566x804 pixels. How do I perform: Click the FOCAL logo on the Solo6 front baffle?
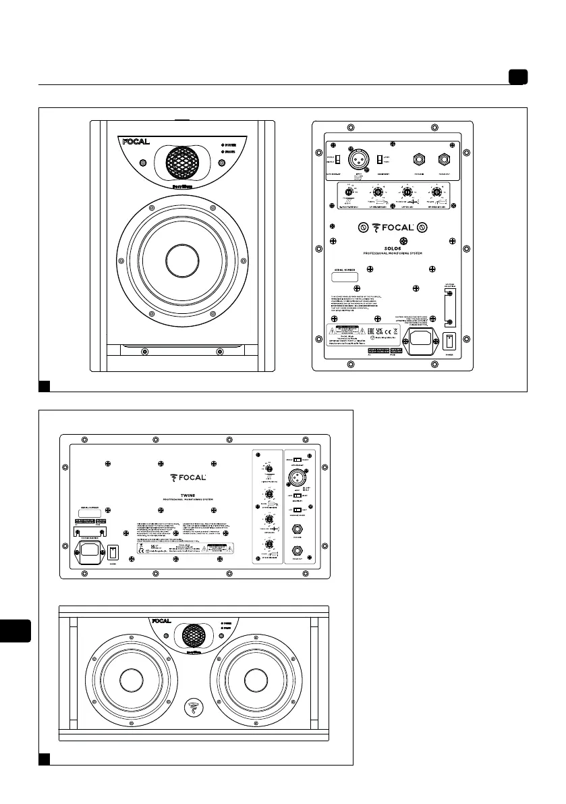[136, 142]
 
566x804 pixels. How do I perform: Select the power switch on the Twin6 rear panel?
[113, 552]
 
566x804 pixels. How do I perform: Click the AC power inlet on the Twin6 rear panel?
[88, 551]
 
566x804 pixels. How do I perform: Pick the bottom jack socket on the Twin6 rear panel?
[298, 554]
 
